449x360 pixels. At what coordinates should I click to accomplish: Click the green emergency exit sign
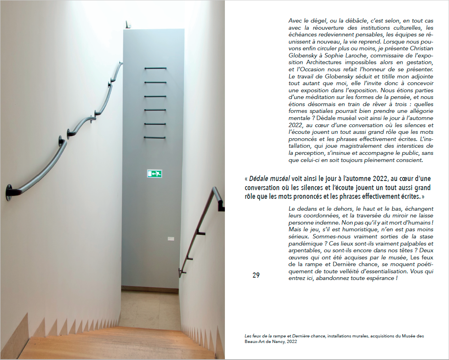[155, 173]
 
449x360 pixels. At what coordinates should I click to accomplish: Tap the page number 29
[256, 275]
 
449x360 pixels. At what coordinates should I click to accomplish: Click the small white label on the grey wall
[170, 239]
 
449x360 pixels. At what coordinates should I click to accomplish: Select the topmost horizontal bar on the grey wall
[155, 69]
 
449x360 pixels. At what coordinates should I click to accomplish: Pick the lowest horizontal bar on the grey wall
[155, 137]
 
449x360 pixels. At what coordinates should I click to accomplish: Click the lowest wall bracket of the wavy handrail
[9, 192]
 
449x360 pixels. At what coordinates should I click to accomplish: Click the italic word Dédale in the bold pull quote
[259, 179]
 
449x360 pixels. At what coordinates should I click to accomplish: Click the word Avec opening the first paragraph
[295, 21]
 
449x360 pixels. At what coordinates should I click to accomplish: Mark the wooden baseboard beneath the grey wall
[150, 290]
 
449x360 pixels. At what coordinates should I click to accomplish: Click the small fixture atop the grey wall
[128, 25]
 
